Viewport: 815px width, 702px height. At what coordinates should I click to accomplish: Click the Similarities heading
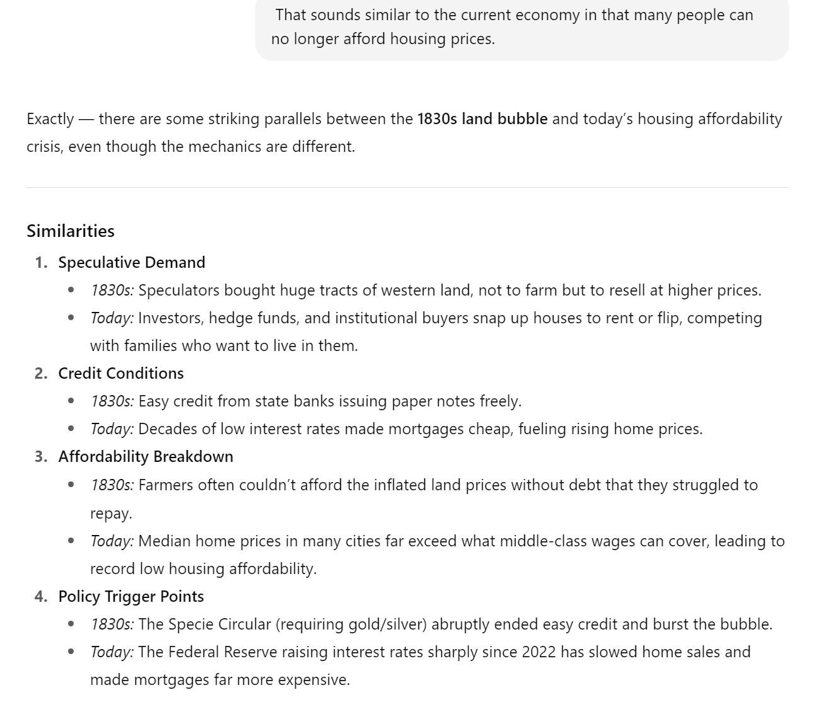click(x=71, y=231)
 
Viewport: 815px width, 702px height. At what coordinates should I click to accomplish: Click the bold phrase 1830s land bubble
click(x=482, y=118)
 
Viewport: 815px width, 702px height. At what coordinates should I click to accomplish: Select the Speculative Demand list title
click(x=132, y=262)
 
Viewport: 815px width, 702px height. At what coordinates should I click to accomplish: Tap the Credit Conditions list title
click(x=121, y=373)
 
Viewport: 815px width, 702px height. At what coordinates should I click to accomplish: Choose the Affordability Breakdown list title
click(x=146, y=456)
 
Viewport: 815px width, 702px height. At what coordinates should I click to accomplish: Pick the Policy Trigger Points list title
click(x=131, y=596)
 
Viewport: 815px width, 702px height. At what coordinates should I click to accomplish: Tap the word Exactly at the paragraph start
click(x=50, y=118)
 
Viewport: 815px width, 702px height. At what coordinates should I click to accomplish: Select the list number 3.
click(x=41, y=456)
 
